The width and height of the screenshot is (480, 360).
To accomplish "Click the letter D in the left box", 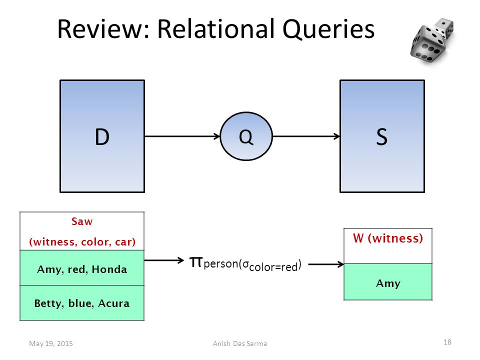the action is point(102,137).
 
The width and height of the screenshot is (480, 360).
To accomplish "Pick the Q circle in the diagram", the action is point(246,136).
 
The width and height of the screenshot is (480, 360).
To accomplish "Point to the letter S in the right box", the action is point(381,137).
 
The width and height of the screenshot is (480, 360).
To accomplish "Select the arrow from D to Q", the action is point(182,136).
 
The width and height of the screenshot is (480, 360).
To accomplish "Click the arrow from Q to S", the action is point(306,136).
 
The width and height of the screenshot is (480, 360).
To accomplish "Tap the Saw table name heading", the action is point(81,221).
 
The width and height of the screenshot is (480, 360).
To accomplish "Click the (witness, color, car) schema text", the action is point(82,242).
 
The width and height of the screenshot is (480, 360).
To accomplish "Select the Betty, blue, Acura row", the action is point(82,303).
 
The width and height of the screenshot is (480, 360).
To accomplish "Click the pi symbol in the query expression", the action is point(196,261).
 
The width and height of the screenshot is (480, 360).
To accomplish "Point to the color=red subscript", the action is point(273,267).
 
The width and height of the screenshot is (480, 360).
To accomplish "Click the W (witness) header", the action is point(388,238).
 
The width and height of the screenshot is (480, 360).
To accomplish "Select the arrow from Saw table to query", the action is point(164,260).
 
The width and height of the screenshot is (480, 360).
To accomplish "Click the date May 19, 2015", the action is point(51,343).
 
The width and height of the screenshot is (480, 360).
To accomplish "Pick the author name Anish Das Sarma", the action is point(240,343).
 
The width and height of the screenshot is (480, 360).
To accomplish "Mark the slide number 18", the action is point(447,342).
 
